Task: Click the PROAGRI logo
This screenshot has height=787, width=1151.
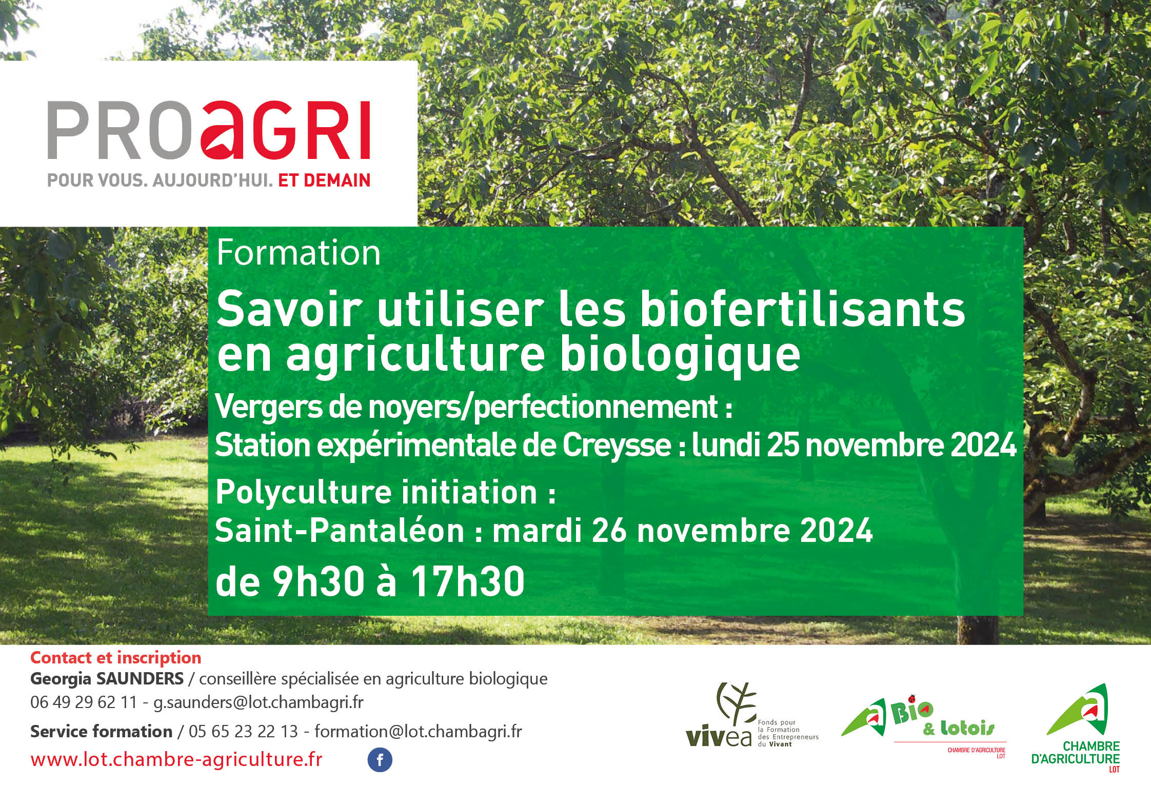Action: coord(209,131)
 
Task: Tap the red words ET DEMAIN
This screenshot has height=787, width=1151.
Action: coord(324,180)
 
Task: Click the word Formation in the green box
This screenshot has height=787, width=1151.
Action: coord(299,253)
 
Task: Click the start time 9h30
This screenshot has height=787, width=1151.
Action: coord(319,582)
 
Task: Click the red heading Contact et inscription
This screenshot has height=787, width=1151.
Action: coord(116,658)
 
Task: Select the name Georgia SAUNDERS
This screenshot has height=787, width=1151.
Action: coord(107,679)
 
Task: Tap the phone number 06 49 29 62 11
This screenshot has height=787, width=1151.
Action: coord(84,702)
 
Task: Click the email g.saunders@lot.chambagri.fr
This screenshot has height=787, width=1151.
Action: coord(259,702)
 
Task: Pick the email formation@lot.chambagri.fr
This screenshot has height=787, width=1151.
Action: coord(418,731)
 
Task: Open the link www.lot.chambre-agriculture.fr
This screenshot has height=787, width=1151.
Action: coord(176,759)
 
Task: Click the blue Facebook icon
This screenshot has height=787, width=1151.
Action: coord(380,760)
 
